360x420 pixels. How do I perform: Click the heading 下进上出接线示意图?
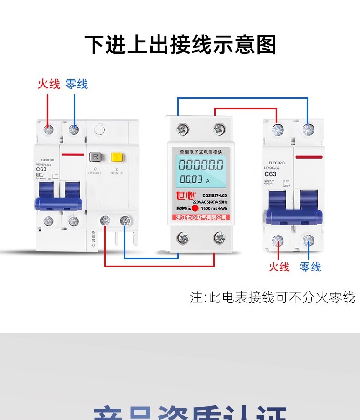[x=180, y=46]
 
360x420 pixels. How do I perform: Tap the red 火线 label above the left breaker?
[x=49, y=84]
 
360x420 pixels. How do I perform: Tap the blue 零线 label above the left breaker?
[x=76, y=84]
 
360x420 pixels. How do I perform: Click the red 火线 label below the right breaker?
[x=279, y=267]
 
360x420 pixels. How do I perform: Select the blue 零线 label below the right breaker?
[x=310, y=267]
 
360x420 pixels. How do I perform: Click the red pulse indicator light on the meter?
[x=195, y=209]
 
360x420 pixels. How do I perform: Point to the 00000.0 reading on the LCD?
[x=201, y=164]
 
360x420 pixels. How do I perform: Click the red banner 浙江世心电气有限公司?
[x=201, y=217]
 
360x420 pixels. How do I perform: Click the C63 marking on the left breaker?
[x=41, y=170]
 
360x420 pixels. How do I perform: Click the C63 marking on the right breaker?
[x=270, y=174]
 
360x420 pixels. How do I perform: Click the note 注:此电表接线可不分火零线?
[x=272, y=297]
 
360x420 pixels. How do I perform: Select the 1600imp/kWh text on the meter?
[x=215, y=209]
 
